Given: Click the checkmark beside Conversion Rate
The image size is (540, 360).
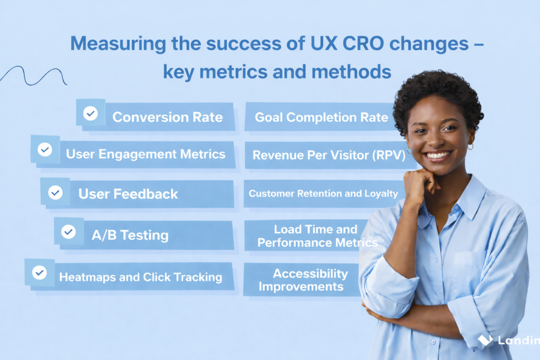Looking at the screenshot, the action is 90,113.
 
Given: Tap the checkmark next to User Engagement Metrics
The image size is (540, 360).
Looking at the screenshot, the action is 45,149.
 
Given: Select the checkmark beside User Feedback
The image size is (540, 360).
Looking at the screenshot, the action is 55,192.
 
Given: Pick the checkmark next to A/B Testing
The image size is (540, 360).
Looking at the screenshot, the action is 69,231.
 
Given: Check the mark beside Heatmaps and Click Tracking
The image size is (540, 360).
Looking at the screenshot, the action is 40,273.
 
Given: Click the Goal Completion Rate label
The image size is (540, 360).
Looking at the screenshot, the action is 321,118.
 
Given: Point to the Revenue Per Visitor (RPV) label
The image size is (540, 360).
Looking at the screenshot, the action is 329,155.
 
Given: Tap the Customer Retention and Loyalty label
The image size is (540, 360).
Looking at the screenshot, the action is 323,193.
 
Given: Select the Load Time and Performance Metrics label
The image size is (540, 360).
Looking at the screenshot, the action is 317,236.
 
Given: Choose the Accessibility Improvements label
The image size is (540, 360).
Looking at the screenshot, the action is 303,280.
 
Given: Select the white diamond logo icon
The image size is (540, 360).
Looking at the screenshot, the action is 485,340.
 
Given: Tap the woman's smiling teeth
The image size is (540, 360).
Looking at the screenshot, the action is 438,155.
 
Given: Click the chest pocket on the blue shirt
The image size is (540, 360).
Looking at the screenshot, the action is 470,272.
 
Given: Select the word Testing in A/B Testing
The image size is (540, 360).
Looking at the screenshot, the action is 144,236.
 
